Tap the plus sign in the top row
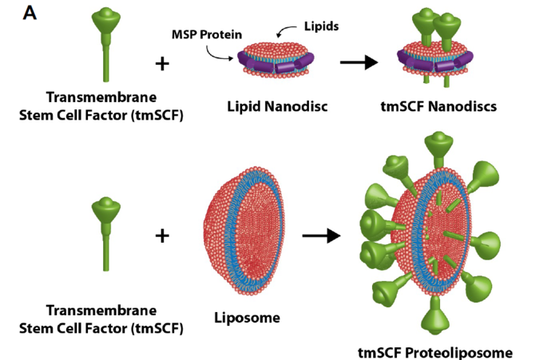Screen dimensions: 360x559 coord(162,63)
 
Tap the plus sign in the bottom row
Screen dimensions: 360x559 coord(162,235)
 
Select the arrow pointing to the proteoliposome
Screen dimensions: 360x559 coord(323,235)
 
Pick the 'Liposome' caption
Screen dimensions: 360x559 coord(247,318)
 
